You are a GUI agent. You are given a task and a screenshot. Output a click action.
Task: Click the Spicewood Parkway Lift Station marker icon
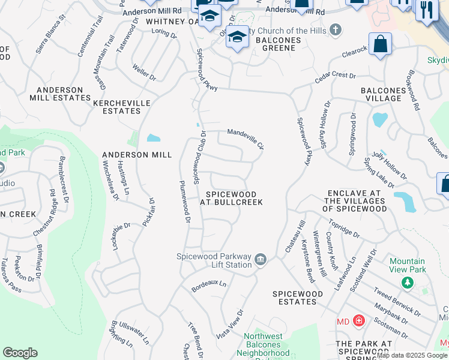click(x=261, y=259)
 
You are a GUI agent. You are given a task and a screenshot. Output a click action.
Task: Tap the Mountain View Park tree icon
click(x=408, y=282)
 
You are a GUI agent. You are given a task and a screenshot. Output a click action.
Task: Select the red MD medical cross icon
click(x=359, y=322)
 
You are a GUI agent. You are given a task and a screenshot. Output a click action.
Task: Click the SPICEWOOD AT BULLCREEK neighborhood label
click(x=232, y=199)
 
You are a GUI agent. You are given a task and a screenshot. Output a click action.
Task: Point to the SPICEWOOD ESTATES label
click(x=298, y=298)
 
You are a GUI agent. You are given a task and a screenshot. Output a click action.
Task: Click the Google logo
click(x=20, y=353)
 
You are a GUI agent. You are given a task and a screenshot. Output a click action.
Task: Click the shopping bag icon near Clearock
click(x=380, y=44)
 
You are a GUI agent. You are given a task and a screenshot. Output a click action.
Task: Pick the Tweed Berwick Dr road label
click(x=397, y=300)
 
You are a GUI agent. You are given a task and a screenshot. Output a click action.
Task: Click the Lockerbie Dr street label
click(x=120, y=235)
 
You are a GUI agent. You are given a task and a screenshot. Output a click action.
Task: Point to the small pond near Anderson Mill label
click(x=154, y=138)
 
